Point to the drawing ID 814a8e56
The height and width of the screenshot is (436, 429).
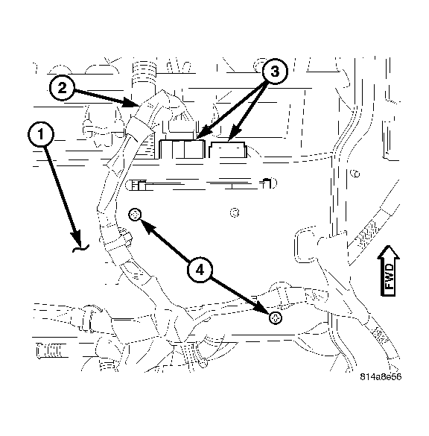[381, 377]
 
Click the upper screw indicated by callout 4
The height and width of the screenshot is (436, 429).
[135, 215]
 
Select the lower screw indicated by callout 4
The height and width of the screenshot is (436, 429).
[276, 318]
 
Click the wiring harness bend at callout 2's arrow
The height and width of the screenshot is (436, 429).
[149, 112]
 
